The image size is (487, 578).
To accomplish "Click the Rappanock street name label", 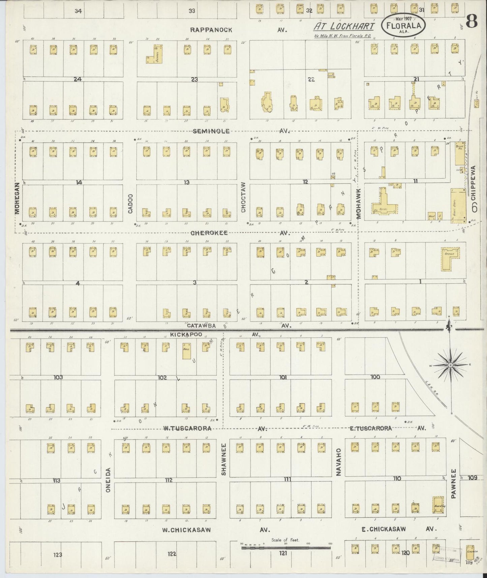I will click(211, 30).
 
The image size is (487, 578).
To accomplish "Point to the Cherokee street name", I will click(209, 233).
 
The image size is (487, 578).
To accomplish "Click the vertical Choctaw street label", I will click(243, 198).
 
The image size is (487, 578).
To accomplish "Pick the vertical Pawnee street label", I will click(454, 484).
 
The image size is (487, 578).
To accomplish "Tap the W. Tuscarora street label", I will click(187, 428).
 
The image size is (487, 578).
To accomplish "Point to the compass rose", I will click(450, 365).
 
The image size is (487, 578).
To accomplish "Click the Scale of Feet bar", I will click(286, 548).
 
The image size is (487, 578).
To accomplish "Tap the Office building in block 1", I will click(450, 259).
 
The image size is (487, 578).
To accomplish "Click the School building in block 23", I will click(155, 54).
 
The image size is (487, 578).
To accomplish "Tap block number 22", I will click(311, 79).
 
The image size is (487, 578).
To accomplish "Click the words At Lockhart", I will click(344, 26).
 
